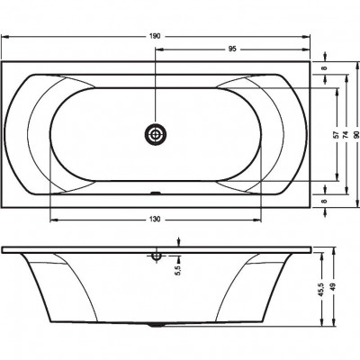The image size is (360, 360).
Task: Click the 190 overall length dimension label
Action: pyautogui.click(x=155, y=36)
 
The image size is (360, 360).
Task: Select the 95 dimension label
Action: pyautogui.click(x=232, y=49)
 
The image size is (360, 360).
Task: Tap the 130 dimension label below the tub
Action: pyautogui.click(x=155, y=220)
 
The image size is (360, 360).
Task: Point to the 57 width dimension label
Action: pyautogui.click(x=337, y=135)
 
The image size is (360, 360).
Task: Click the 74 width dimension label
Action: pyautogui.click(x=346, y=135)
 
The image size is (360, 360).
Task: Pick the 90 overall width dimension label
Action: pyautogui.click(x=356, y=135)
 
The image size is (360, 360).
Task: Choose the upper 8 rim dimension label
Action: pyautogui.click(x=324, y=67)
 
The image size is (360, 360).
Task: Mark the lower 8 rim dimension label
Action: pyautogui.click(x=324, y=201)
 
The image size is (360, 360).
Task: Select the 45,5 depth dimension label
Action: pyautogui.click(x=321, y=290)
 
